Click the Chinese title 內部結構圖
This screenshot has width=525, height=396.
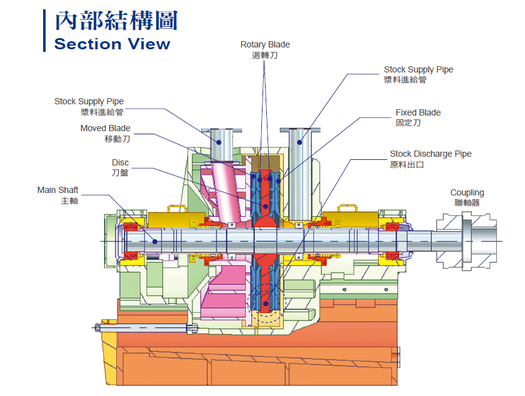(116, 21)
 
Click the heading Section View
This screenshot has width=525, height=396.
(112, 44)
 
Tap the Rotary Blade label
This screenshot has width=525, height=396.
(265, 44)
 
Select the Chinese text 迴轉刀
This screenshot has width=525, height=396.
(265, 55)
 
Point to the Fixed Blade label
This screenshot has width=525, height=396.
(417, 112)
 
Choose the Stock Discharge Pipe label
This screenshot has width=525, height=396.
(431, 154)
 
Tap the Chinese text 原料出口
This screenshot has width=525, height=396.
(407, 164)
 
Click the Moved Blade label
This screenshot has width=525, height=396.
(105, 128)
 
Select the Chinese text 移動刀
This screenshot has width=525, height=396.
(117, 139)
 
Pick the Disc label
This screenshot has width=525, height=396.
(120, 162)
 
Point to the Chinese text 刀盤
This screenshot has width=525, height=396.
(120, 172)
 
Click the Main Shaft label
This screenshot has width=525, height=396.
(57, 190)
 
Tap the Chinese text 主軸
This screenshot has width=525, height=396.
(69, 200)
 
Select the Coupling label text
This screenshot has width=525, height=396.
(467, 192)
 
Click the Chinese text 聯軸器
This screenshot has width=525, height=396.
(467, 202)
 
